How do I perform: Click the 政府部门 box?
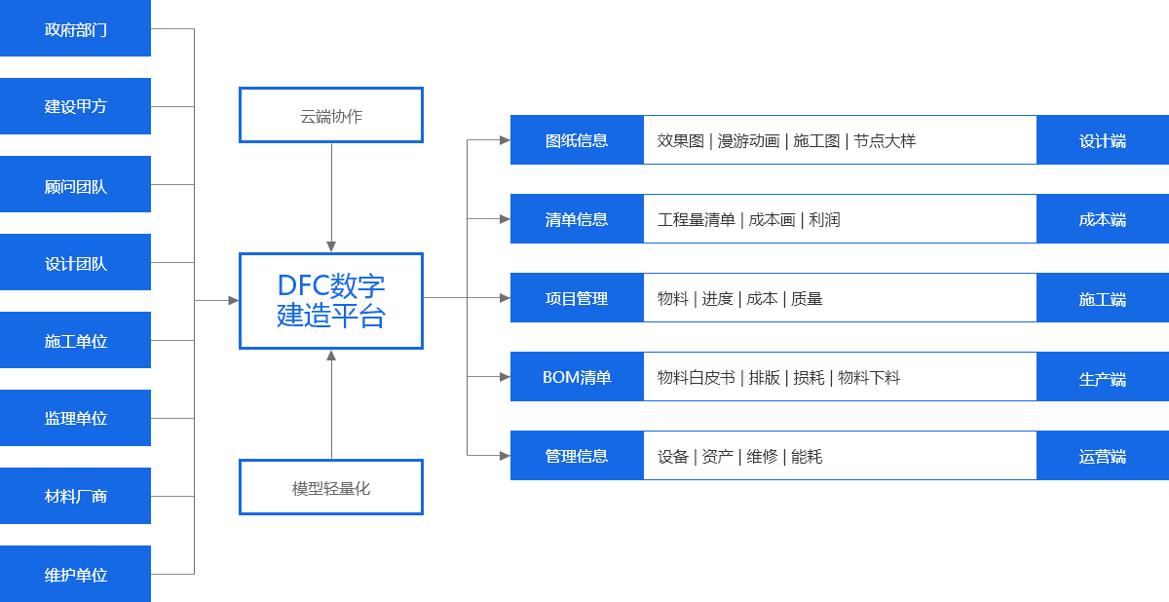(x=75, y=29)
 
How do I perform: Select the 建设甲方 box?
(x=75, y=106)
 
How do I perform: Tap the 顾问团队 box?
(x=75, y=185)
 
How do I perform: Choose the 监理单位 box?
(x=75, y=419)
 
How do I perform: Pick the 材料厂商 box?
(x=75, y=496)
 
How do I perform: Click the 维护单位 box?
(x=75, y=575)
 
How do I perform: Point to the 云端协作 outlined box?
(x=331, y=116)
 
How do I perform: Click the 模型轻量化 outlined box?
(x=331, y=487)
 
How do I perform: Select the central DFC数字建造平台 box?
(x=331, y=300)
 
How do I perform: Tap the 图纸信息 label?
(x=577, y=140)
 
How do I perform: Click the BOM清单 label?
(x=577, y=377)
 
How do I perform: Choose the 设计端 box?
(x=1103, y=140)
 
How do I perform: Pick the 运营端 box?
(x=1103, y=456)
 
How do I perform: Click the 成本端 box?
(x=1103, y=219)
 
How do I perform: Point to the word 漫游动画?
(x=748, y=141)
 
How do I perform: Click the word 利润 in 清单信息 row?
(x=824, y=220)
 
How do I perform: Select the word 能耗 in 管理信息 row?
(x=807, y=456)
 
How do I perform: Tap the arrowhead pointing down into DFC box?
(x=331, y=246)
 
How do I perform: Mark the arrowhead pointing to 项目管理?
(x=505, y=298)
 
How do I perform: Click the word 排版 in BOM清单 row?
(x=764, y=378)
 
